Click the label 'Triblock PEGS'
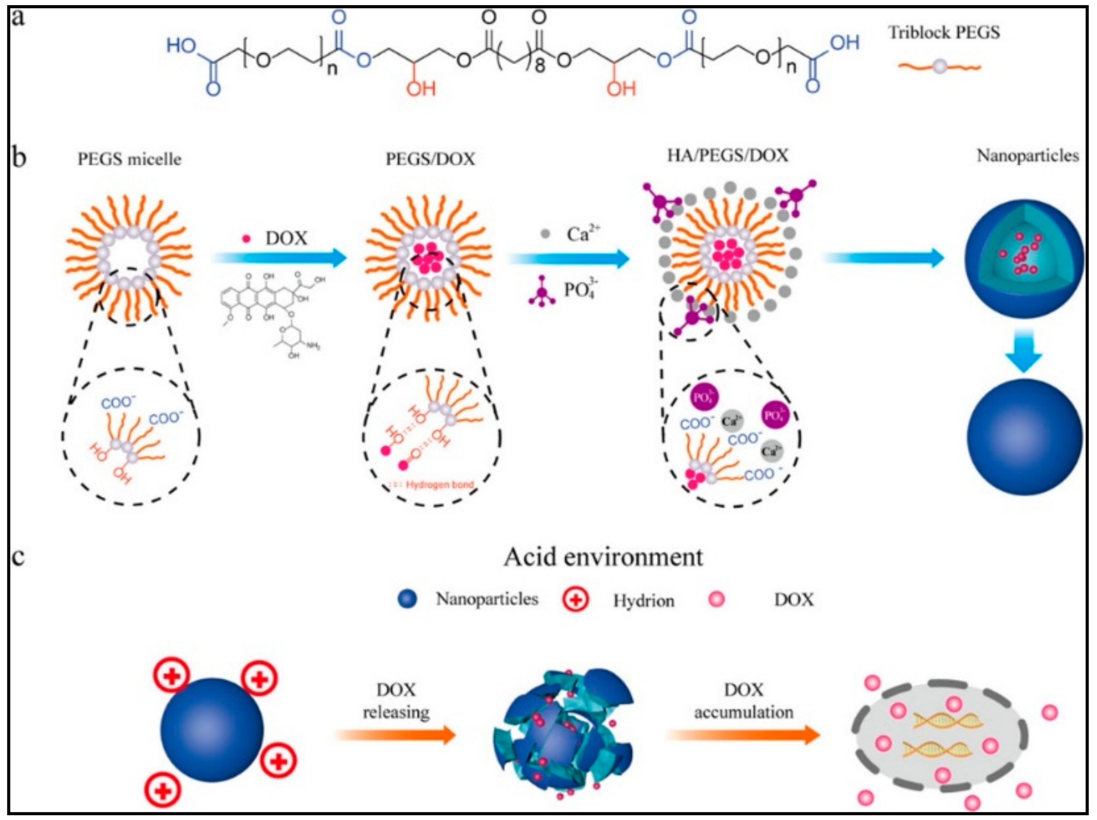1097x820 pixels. click(x=943, y=33)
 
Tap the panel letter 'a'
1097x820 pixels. click(x=18, y=19)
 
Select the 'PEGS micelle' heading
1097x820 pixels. click(x=129, y=159)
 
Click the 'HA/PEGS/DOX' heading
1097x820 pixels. click(x=728, y=156)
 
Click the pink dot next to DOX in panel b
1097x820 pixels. click(x=246, y=238)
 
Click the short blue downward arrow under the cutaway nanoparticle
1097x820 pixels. click(x=1023, y=349)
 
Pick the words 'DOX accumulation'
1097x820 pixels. click(x=743, y=700)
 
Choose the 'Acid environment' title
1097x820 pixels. click(x=603, y=557)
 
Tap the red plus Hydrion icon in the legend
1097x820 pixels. click(x=575, y=600)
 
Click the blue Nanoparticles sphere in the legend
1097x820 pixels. click(x=407, y=599)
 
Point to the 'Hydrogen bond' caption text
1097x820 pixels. click(x=439, y=484)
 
